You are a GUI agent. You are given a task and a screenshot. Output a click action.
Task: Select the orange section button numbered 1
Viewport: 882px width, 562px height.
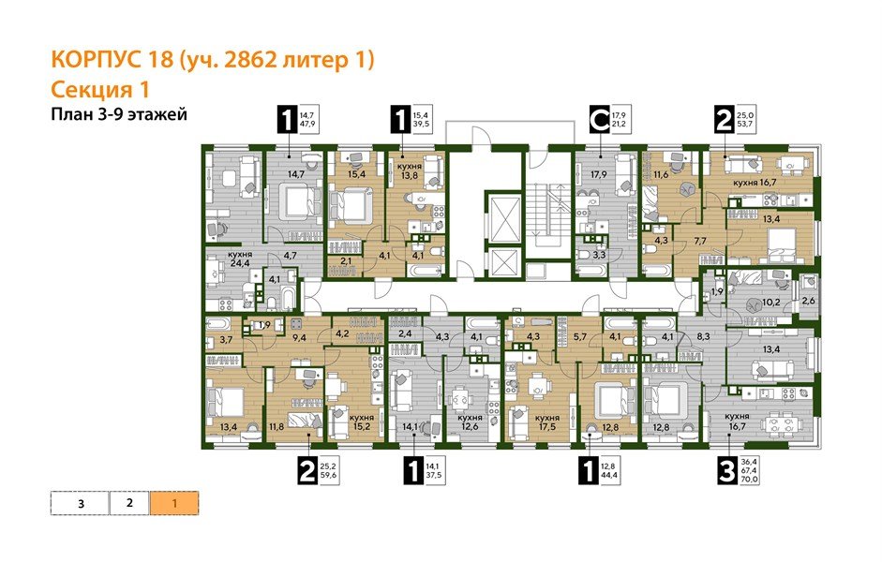(x=174, y=503)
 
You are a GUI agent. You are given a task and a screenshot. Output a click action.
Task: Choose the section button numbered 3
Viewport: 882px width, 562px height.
(x=81, y=503)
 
